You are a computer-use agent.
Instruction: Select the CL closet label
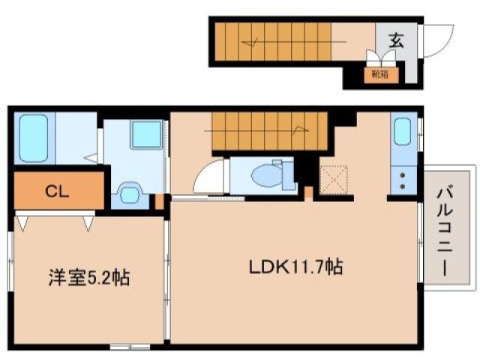(57, 190)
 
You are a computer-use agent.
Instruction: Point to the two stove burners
(401, 180)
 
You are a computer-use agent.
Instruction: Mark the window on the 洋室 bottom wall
(124, 346)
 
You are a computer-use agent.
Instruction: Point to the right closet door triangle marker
(89, 221)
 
